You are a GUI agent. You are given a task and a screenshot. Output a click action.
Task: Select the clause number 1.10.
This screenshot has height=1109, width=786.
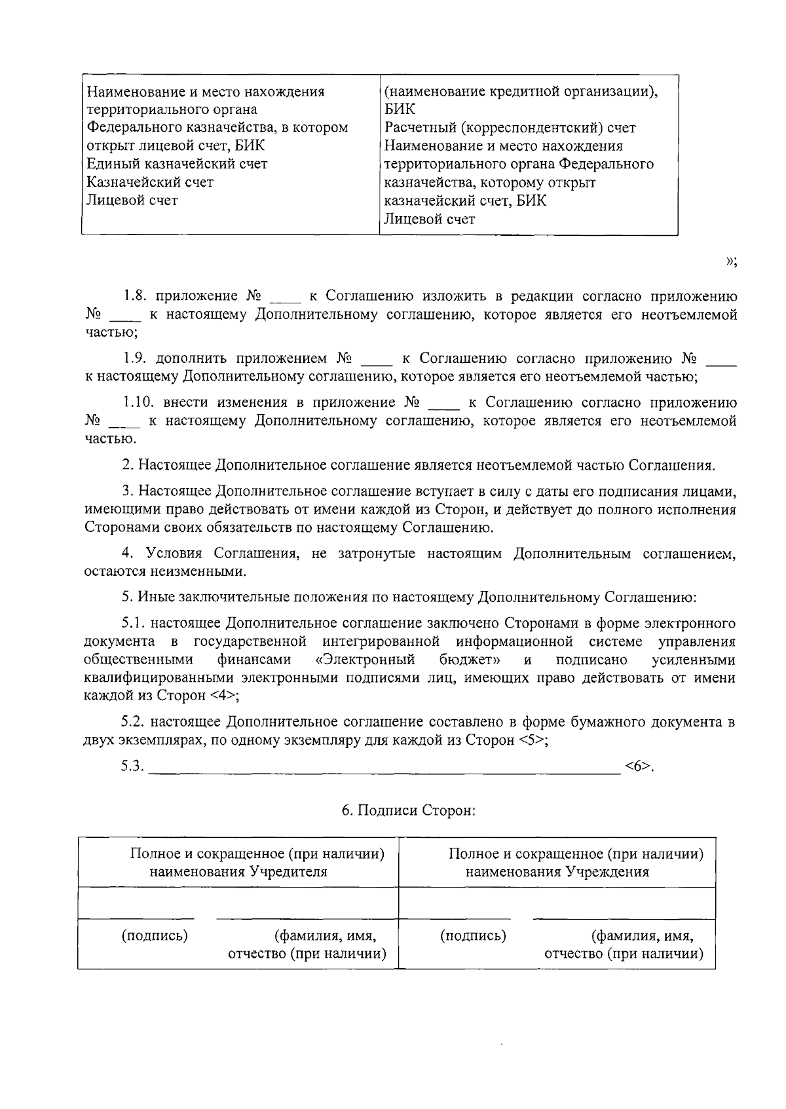point(139,402)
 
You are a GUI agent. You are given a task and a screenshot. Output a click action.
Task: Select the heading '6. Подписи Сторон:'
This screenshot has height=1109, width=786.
point(408,811)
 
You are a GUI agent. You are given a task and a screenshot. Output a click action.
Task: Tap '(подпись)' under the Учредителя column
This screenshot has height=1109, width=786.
point(155,935)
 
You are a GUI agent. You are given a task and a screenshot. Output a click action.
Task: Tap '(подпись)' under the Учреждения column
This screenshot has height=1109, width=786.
point(474,935)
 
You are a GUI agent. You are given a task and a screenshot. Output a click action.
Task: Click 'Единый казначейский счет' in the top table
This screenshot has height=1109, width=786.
point(178,164)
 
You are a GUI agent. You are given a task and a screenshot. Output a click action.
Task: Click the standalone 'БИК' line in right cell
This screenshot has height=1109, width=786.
point(400,109)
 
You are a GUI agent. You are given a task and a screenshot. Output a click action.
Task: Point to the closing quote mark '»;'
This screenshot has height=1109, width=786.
point(732,262)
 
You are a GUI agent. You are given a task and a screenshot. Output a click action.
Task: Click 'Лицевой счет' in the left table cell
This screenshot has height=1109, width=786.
point(132,200)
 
